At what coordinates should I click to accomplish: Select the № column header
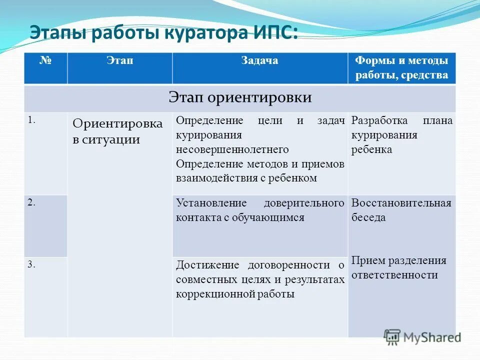click(45, 61)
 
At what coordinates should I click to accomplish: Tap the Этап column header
click(119, 61)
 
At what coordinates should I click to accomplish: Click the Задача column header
click(259, 61)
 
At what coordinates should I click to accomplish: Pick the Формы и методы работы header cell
click(401, 68)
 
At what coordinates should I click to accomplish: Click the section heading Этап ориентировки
click(240, 97)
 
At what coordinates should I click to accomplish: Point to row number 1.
click(31, 120)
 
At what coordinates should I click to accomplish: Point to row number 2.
click(31, 202)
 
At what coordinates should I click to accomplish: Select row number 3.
click(31, 265)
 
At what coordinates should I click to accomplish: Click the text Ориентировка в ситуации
click(117, 131)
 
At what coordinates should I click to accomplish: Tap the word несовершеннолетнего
click(232, 149)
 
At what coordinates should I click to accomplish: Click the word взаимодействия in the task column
click(209, 178)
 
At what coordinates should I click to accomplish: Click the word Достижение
click(207, 265)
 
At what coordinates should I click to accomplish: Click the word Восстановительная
click(401, 203)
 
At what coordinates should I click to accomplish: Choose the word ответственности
click(394, 275)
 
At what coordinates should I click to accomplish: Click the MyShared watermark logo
click(422, 337)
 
